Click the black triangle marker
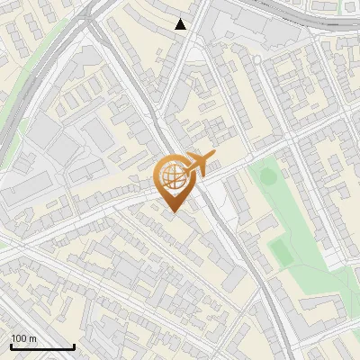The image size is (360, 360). (x=181, y=24)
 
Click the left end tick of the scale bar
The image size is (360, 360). (x=11, y=346)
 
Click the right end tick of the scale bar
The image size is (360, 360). (x=74, y=346)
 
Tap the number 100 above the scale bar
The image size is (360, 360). (x=20, y=338)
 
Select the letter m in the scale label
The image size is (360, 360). (x=33, y=339)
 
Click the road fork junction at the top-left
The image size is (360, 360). (x=90, y=22)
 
